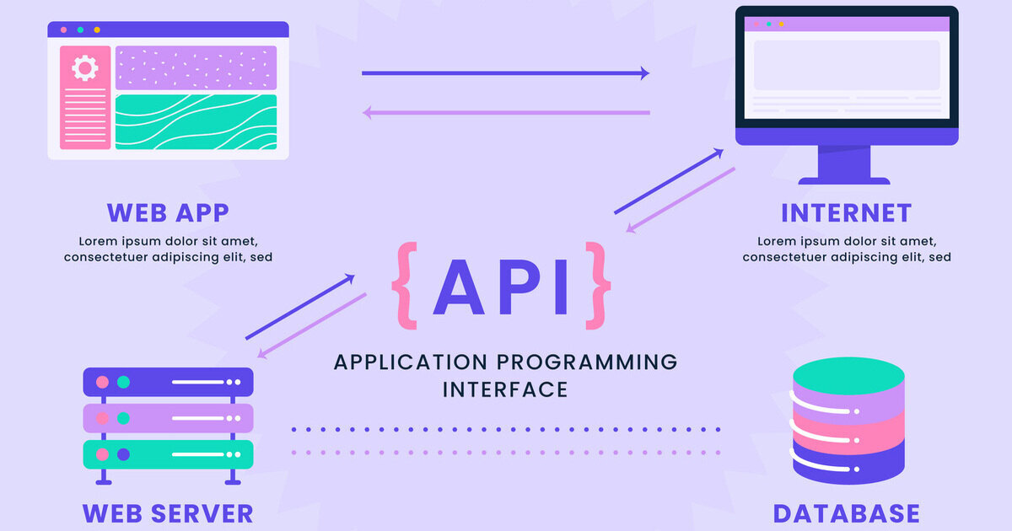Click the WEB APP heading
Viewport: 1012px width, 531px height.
tap(168, 212)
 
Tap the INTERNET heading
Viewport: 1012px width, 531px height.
tap(846, 212)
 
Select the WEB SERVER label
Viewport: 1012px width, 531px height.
tap(168, 512)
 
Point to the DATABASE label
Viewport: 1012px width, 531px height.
tap(846, 512)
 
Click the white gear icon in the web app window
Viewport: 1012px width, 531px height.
tap(85, 67)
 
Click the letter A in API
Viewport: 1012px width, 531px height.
tap(462, 287)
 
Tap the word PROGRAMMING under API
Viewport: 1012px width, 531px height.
tap(586, 362)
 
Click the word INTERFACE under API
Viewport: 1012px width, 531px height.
tap(505, 389)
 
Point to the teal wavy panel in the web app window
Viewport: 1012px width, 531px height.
tap(196, 122)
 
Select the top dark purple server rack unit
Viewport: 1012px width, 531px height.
tap(168, 382)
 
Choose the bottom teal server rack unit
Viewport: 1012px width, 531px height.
tap(168, 454)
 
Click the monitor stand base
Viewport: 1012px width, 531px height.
tap(843, 180)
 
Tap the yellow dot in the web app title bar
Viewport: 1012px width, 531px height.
tap(97, 29)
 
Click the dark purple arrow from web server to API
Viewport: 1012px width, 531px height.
tap(300, 307)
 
